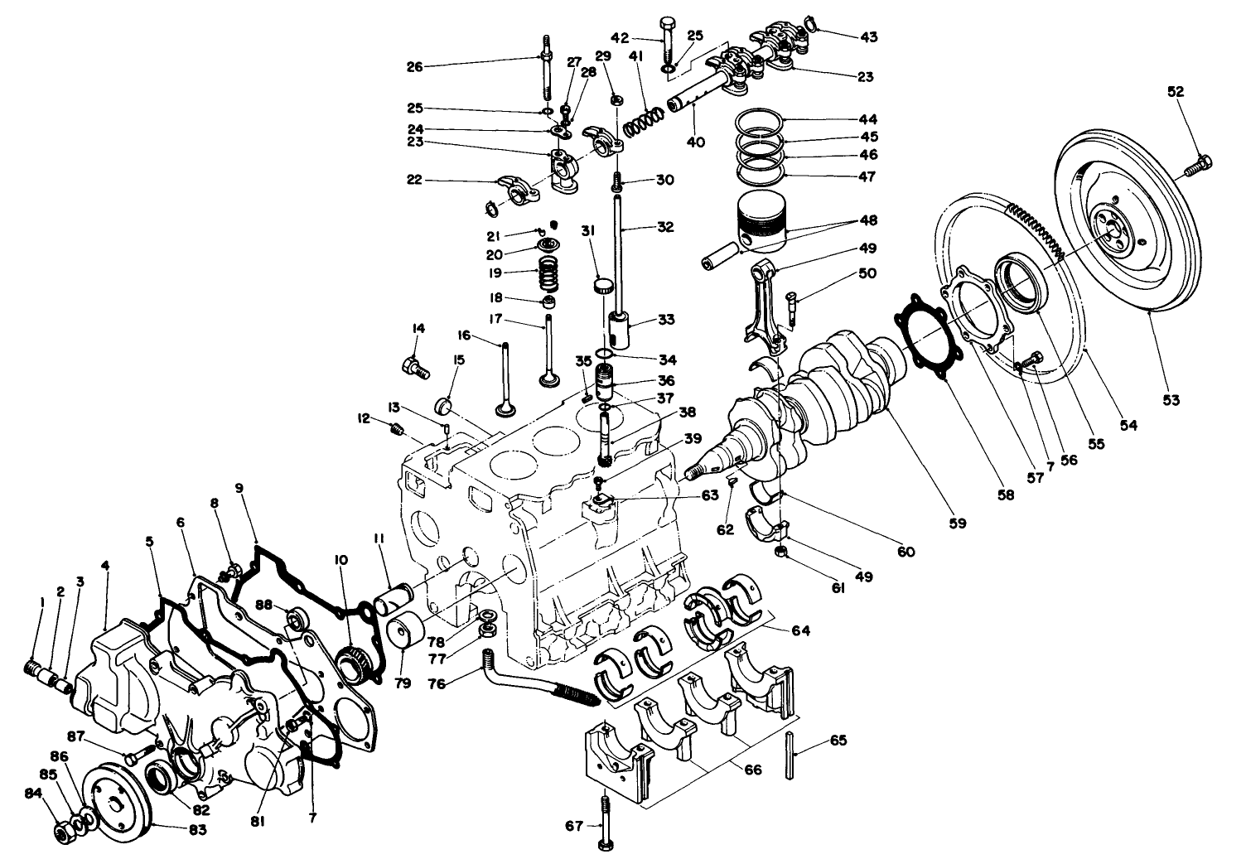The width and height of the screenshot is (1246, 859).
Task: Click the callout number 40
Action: (x=695, y=142)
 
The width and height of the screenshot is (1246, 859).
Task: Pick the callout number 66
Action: (x=752, y=770)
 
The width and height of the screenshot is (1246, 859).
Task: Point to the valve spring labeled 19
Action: (x=548, y=271)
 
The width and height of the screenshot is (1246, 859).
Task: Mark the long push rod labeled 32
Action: (x=618, y=249)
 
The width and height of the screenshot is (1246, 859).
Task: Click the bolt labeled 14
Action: (x=414, y=365)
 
